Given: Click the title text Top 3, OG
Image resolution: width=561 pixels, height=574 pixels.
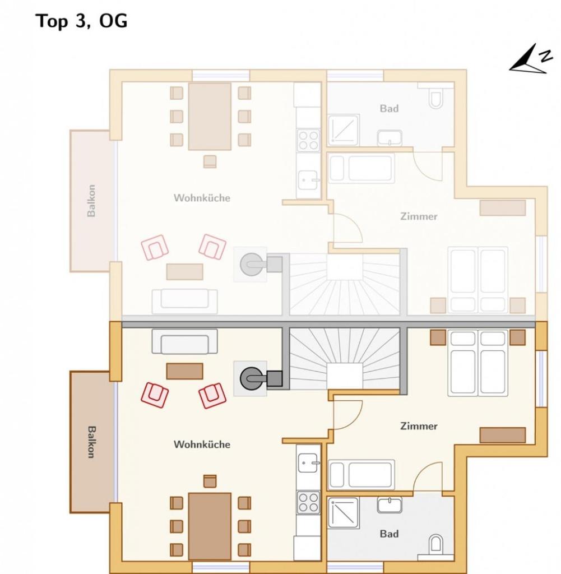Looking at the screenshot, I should pyautogui.click(x=82, y=21).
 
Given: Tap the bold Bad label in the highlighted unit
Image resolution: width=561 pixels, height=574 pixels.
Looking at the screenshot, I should pyautogui.click(x=389, y=534).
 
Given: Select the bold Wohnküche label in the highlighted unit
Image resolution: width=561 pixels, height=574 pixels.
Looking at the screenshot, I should pyautogui.click(x=202, y=445).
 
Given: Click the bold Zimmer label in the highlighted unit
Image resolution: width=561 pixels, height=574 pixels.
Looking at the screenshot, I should pyautogui.click(x=419, y=426).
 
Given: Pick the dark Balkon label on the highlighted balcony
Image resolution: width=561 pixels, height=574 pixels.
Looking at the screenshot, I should pyautogui.click(x=91, y=442).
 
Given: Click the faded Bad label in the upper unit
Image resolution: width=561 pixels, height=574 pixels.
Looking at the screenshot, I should pyautogui.click(x=389, y=108).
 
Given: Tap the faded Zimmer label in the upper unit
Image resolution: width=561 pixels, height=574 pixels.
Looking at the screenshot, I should pyautogui.click(x=419, y=216).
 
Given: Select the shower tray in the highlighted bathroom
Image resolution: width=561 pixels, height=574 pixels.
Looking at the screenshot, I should pyautogui.click(x=343, y=512).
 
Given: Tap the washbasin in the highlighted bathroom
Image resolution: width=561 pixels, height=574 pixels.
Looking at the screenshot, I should pyautogui.click(x=389, y=505).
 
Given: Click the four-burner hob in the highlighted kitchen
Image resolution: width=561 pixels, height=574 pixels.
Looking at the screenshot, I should pyautogui.click(x=308, y=502).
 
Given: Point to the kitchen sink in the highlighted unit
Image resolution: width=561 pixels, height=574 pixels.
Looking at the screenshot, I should pyautogui.click(x=308, y=462).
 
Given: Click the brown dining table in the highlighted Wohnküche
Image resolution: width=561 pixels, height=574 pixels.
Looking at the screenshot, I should pyautogui.click(x=210, y=526).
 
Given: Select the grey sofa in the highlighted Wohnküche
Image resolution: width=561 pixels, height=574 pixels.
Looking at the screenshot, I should pyautogui.click(x=184, y=342).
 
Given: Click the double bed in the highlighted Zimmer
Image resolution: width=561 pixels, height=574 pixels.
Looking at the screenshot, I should pyautogui.click(x=478, y=363).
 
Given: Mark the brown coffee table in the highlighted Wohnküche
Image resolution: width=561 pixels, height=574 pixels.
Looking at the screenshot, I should pyautogui.click(x=184, y=371).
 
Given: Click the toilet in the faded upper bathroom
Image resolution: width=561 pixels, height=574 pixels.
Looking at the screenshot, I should pyautogui.click(x=436, y=99).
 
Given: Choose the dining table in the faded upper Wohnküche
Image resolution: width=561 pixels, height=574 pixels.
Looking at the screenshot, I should pyautogui.click(x=210, y=116).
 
